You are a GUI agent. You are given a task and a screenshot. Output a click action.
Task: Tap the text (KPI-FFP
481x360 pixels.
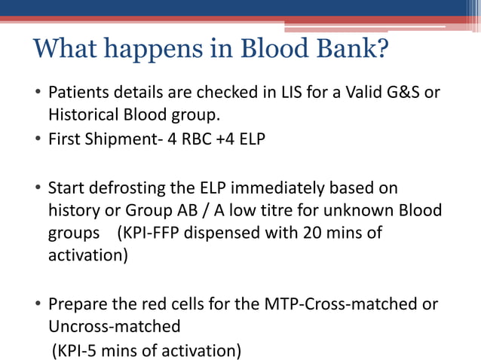146,233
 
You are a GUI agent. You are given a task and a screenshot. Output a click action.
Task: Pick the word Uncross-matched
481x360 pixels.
115,327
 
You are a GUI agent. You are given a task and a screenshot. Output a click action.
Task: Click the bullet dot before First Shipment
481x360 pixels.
38,141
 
